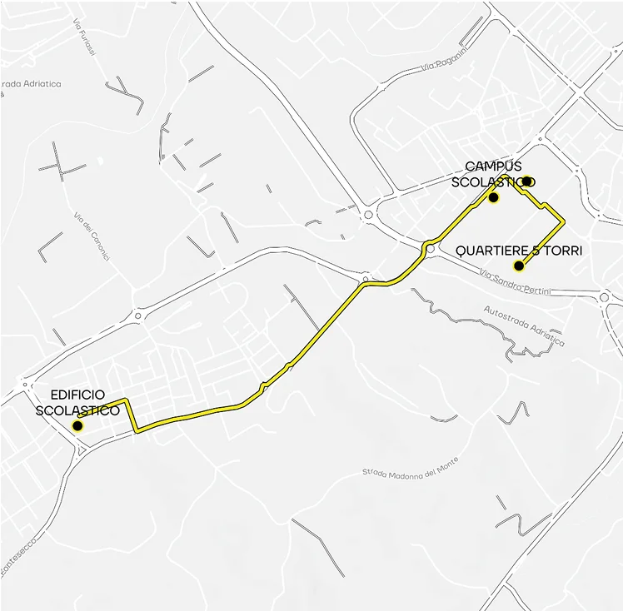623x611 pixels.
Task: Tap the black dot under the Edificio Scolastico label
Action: (x=77, y=425)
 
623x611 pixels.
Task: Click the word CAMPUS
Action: (x=493, y=166)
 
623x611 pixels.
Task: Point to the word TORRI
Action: (x=561, y=251)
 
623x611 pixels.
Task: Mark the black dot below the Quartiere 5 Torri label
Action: (x=519, y=266)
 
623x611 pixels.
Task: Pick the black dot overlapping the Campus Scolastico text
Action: (x=527, y=181)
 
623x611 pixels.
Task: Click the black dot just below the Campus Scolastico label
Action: (x=493, y=198)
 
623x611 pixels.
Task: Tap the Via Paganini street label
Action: (x=441, y=64)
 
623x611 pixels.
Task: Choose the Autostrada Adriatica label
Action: (x=524, y=325)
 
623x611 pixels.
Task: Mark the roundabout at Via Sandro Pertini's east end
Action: (x=605, y=296)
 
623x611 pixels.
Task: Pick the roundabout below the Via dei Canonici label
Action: (x=139, y=314)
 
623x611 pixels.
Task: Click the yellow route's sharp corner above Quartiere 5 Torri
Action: (x=565, y=221)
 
